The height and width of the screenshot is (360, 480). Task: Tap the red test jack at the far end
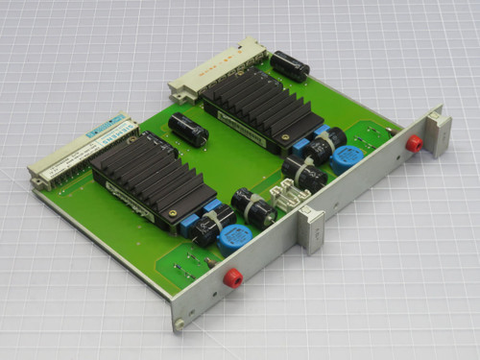(x=414, y=143)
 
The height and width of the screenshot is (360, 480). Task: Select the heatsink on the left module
(x=149, y=174)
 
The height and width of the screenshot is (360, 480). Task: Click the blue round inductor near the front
(x=235, y=238)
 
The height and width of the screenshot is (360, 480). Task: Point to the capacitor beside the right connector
(x=289, y=64)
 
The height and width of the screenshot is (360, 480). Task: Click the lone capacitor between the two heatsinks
(x=188, y=130)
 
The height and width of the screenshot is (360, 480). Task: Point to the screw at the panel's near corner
(x=180, y=323)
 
